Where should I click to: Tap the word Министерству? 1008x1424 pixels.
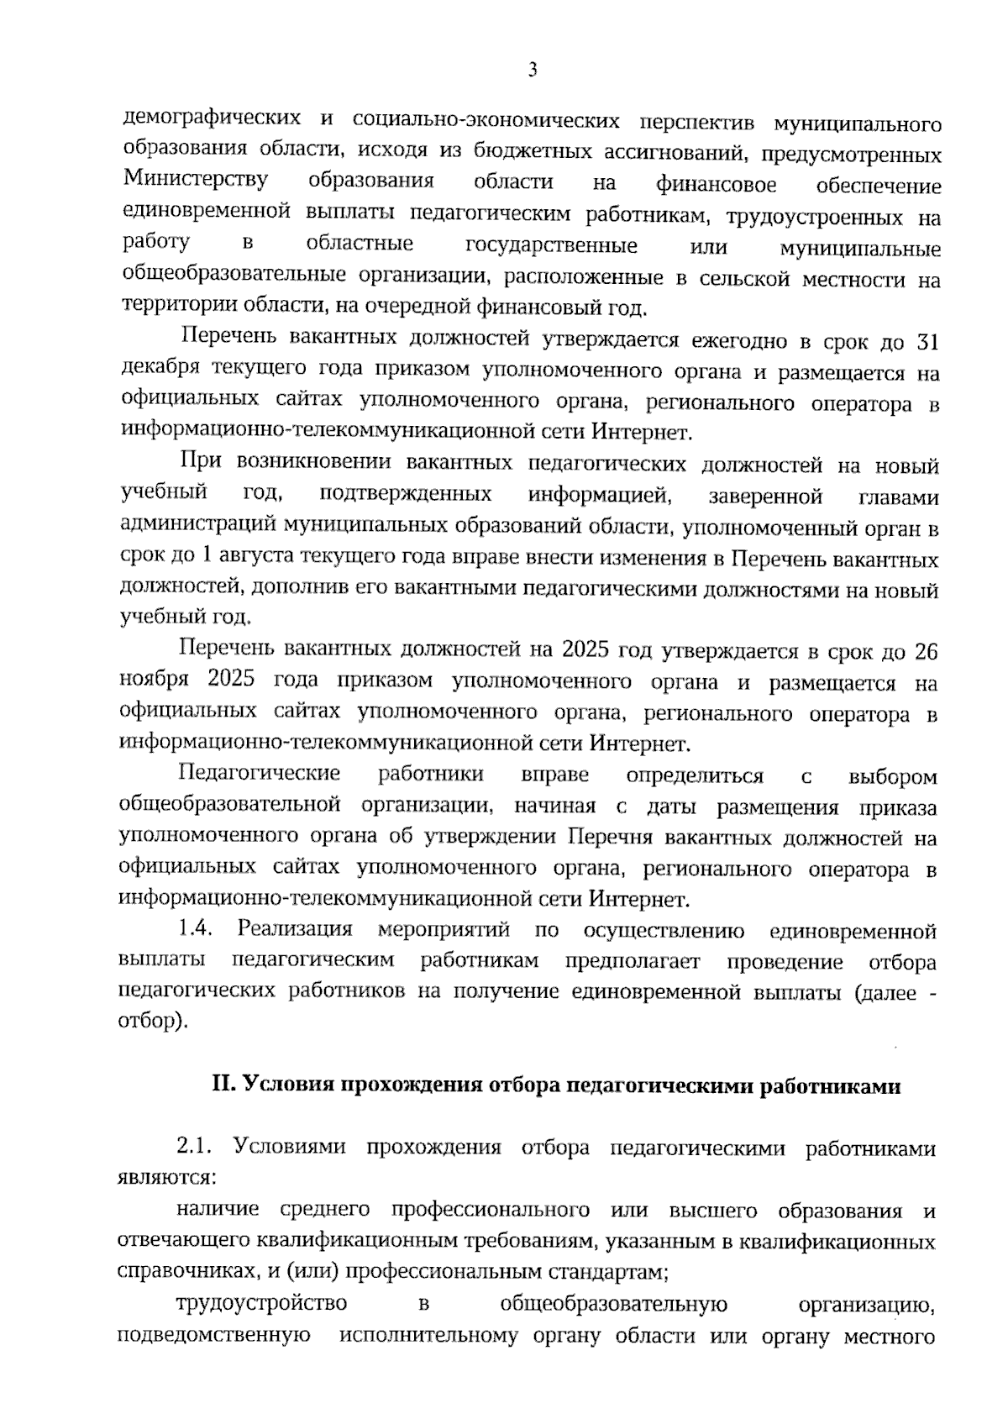click(x=196, y=181)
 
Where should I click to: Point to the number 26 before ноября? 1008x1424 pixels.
click(x=925, y=651)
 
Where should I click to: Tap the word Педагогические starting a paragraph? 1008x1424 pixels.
click(x=260, y=773)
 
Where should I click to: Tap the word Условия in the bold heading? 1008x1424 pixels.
click(x=284, y=1085)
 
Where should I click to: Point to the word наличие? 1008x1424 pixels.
click(x=218, y=1211)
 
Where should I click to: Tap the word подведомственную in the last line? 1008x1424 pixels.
click(x=214, y=1335)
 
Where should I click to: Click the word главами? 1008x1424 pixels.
click(x=898, y=497)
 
